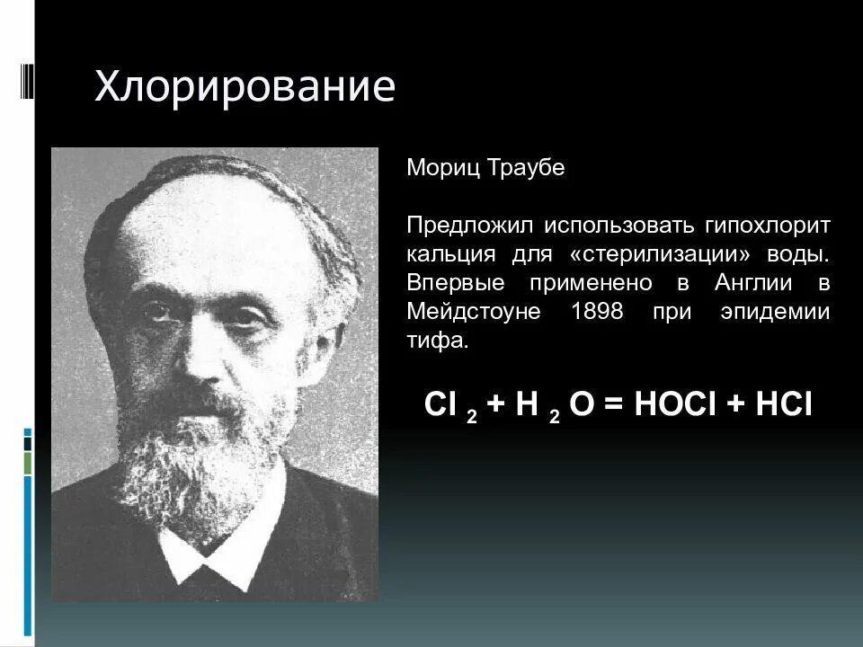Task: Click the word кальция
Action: click(444, 255)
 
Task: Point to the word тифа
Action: click(437, 341)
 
